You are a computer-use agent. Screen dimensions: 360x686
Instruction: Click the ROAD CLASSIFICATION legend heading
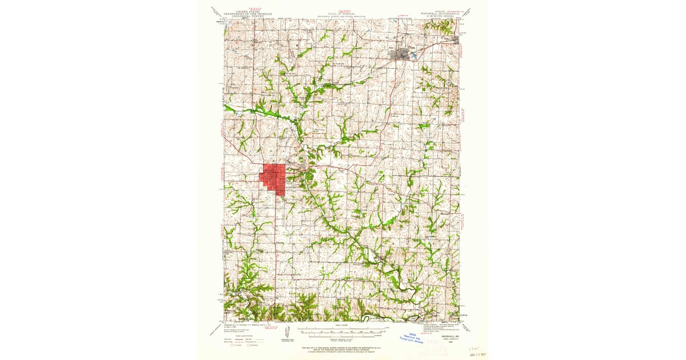tap(241, 335)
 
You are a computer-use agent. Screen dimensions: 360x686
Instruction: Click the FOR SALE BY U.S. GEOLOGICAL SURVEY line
tap(342, 347)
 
